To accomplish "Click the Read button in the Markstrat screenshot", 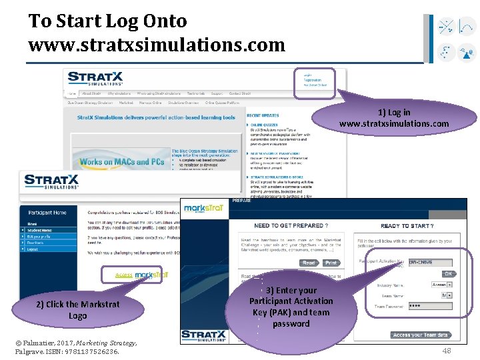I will click(x=309, y=263).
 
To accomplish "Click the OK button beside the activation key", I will click(x=449, y=273).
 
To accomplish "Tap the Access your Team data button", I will click(x=421, y=335).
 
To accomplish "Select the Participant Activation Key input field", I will click(x=430, y=263).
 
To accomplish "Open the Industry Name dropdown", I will click(x=439, y=284).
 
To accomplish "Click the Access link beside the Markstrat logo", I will click(x=123, y=275).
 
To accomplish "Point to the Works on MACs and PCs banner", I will click(x=122, y=161).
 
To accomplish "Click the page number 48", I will click(x=447, y=351).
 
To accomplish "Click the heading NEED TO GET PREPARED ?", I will click(x=291, y=225).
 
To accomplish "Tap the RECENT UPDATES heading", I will click(x=263, y=115).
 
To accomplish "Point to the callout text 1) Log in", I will click(x=394, y=112).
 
